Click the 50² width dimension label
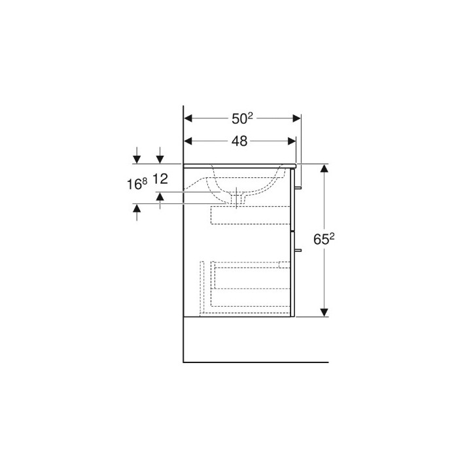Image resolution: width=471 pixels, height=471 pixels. [242, 118]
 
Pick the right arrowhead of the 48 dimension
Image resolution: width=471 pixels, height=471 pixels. [292, 140]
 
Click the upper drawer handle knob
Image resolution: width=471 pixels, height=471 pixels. [300, 188]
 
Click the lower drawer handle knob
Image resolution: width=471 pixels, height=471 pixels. [300, 250]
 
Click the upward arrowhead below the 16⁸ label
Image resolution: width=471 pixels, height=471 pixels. [137, 209]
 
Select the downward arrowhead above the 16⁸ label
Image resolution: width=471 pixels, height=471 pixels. [137, 159]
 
